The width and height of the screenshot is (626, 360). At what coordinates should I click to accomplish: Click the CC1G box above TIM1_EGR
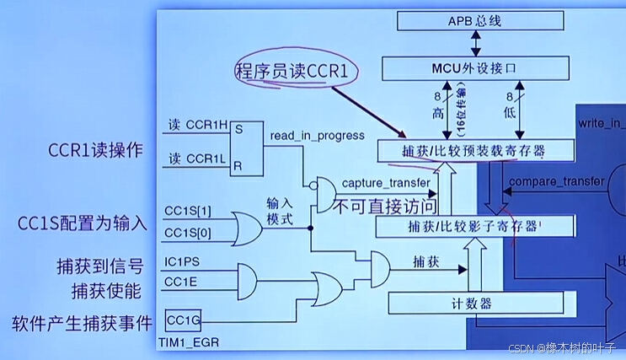[x=181, y=321]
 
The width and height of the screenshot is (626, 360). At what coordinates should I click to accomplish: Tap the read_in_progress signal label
[x=318, y=136]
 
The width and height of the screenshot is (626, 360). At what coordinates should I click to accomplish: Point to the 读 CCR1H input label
[x=196, y=126]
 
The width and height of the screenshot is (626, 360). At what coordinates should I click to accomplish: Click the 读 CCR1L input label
[x=196, y=159]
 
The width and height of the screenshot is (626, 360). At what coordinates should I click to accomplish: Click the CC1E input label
[x=180, y=282]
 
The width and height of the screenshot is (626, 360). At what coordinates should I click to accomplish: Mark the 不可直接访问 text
[x=387, y=205]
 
